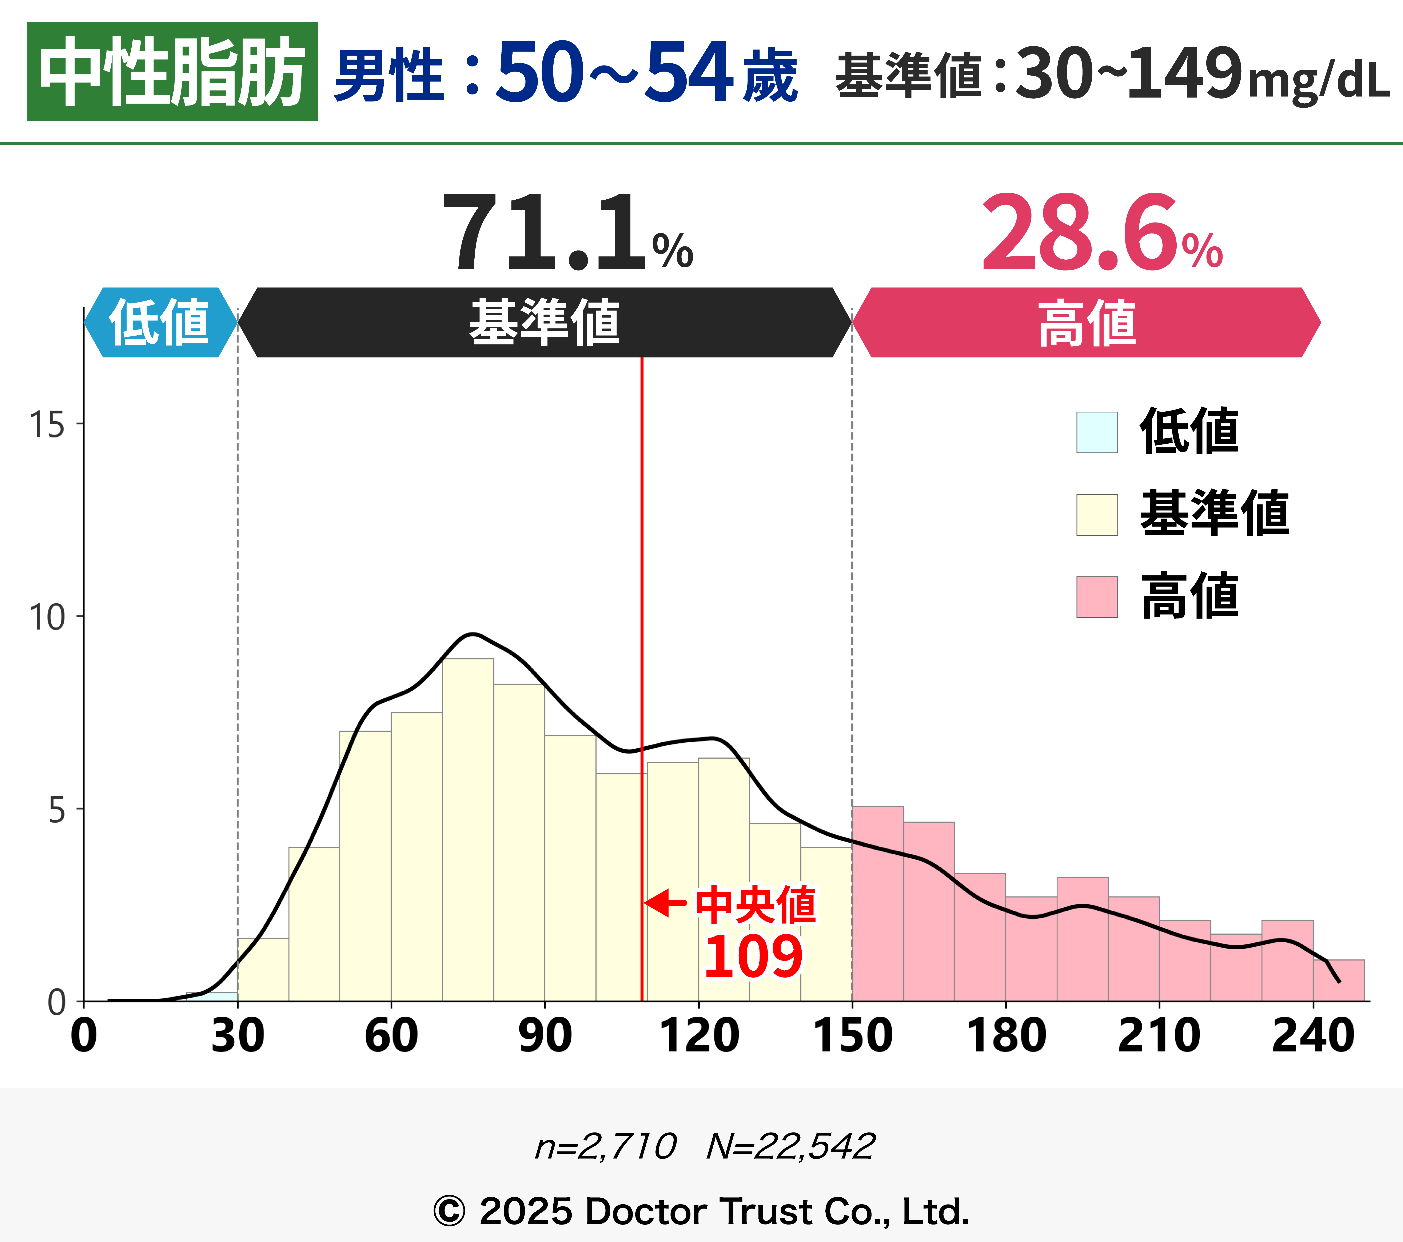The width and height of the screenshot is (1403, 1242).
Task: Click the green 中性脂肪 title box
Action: click(172, 71)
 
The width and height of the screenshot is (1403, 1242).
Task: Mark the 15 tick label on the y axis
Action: click(47, 425)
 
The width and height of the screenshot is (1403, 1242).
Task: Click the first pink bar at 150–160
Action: click(877, 906)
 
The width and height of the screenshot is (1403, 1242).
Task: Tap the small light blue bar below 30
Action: click(211, 996)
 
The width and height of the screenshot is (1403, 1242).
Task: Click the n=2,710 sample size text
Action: click(605, 1146)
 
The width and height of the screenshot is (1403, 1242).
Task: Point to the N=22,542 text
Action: click(790, 1146)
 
